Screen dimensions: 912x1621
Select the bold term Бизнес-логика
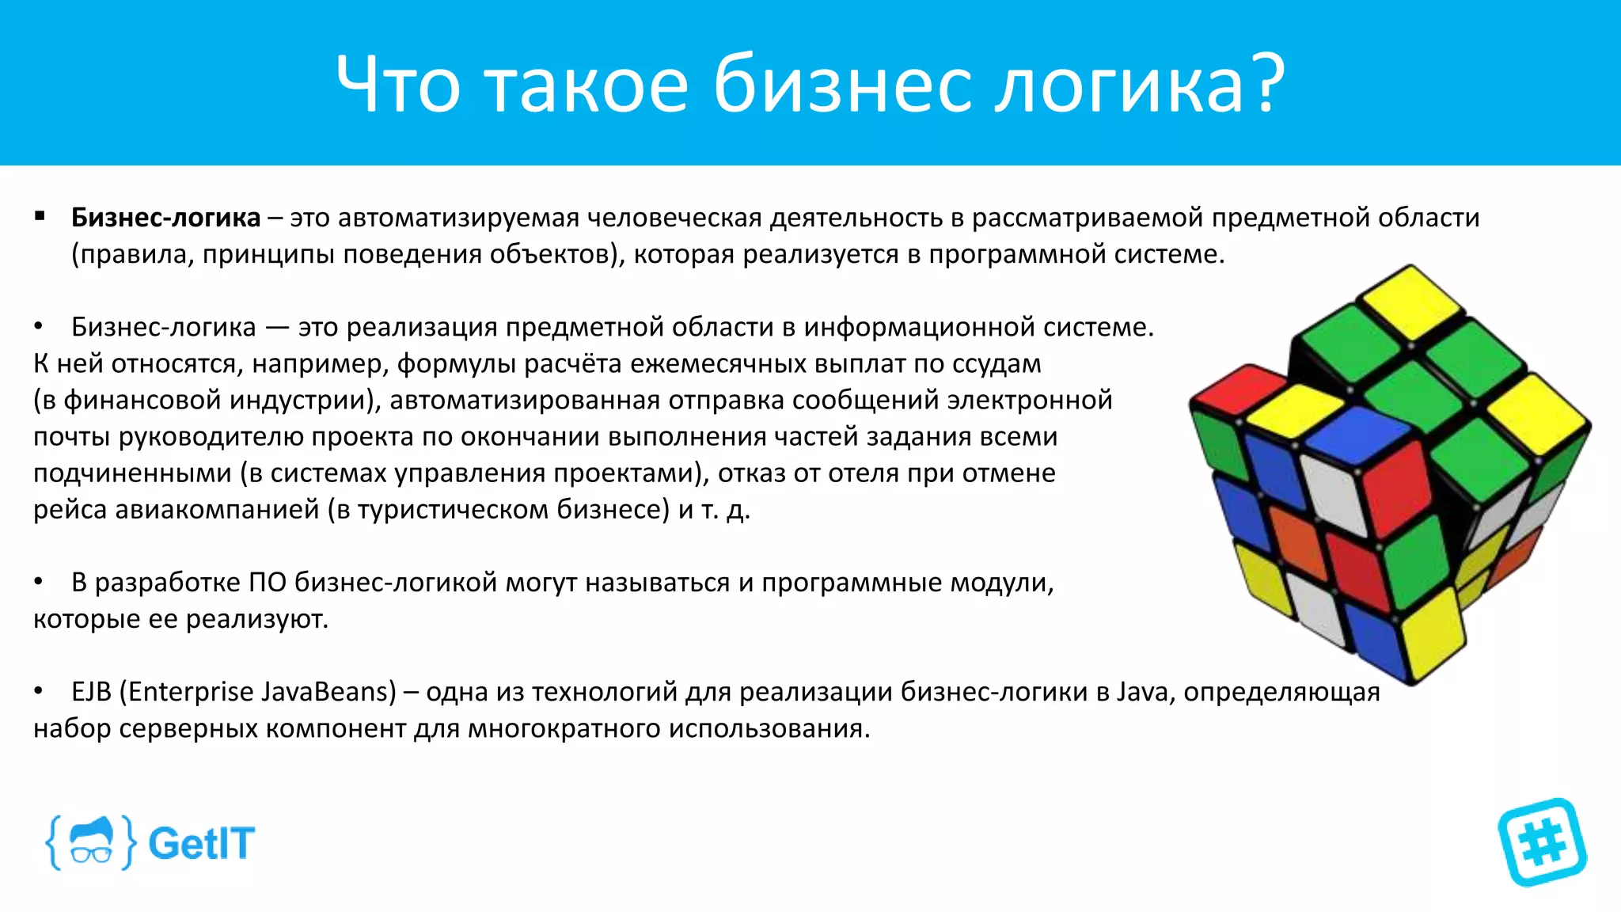point(165,218)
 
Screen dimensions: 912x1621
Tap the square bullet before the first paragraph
point(40,216)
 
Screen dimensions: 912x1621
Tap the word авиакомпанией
point(217,510)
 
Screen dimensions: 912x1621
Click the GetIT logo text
point(201,843)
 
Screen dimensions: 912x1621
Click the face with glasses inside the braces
point(91,842)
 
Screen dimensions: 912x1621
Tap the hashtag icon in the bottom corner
point(1542,842)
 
